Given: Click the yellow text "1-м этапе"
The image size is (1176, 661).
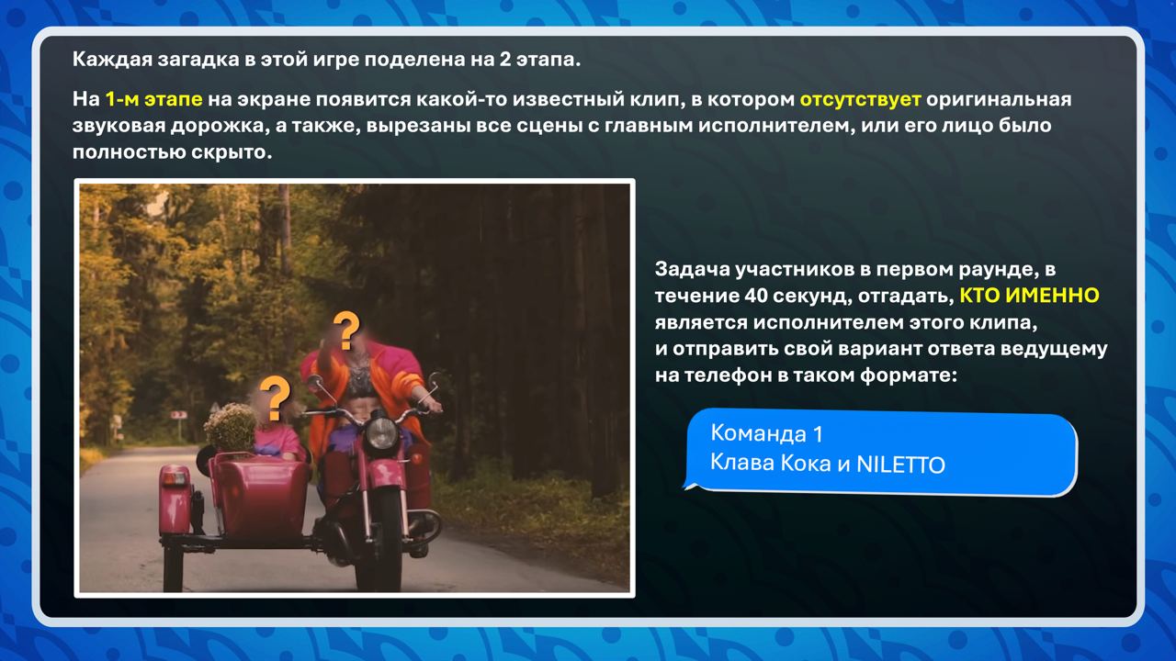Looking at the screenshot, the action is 153,100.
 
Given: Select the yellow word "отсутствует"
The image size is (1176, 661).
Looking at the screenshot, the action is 860,100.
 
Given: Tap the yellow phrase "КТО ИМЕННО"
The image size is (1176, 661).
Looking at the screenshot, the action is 1029,296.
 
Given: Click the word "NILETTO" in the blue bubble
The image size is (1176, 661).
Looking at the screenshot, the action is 900,465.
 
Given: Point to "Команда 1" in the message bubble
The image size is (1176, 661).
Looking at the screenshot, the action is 766,434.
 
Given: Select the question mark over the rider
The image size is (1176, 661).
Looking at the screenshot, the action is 346,330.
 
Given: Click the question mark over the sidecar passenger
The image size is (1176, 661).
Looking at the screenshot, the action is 275,398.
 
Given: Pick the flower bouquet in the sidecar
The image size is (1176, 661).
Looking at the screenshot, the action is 230,428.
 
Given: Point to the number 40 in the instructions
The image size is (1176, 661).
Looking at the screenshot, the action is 755,296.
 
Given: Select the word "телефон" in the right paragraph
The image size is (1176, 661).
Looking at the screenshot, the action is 725,375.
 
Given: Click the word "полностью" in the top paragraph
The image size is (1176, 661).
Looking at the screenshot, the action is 129,152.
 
